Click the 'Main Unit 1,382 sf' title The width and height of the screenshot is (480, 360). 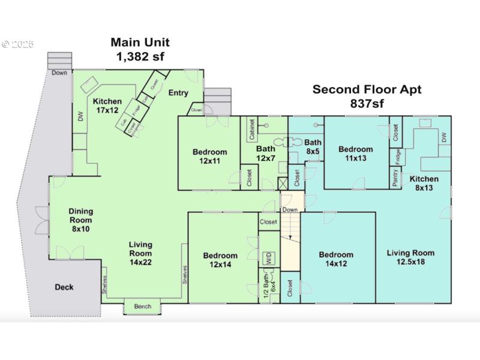[x=140, y=49]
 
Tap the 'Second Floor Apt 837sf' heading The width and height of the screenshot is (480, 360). [x=367, y=97]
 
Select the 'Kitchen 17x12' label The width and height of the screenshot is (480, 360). [x=107, y=106]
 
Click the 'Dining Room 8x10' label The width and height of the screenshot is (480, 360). [x=80, y=220]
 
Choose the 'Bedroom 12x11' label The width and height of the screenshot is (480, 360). [x=209, y=156]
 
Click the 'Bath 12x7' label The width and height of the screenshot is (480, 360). [x=265, y=153]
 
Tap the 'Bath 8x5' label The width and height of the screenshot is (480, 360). [x=313, y=147]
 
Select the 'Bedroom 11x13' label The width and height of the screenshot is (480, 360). [x=355, y=154]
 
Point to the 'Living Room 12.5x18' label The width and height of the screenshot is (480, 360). [x=410, y=256]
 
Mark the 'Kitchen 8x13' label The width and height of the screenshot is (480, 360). [x=424, y=183]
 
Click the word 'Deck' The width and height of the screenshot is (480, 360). [x=64, y=287]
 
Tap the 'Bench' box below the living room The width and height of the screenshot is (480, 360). [x=143, y=307]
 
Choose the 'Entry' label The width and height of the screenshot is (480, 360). [x=178, y=92]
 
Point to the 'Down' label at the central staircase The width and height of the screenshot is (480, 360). [x=290, y=210]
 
